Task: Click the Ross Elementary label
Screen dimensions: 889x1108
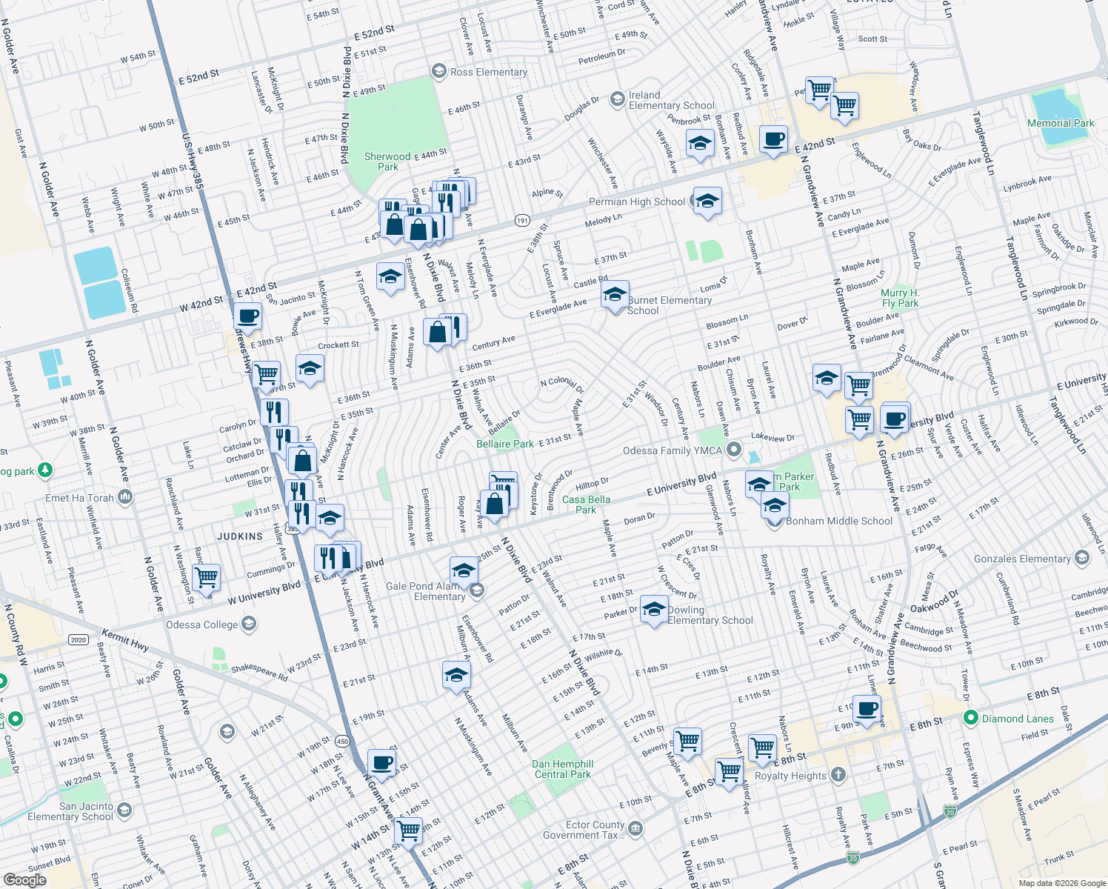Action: coord(488,72)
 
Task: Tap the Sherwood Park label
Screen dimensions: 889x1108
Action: coord(387,162)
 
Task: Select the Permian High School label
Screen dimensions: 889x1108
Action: coord(637,202)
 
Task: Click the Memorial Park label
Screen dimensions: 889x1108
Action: coord(1061,123)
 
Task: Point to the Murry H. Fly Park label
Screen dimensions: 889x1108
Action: coord(900,298)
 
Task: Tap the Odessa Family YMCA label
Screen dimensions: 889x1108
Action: coord(672,450)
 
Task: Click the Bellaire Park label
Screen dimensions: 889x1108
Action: coord(504,444)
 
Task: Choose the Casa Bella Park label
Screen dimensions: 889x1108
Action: coord(586,505)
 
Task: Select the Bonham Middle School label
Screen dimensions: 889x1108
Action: coord(839,521)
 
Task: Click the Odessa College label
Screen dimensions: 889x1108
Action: coord(202,625)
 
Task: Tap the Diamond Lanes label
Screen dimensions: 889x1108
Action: coord(1018,719)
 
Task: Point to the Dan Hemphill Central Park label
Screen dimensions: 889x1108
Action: coord(563,769)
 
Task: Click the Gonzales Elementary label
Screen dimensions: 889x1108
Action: coord(1022,559)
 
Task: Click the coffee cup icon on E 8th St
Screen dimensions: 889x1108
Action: coord(867,709)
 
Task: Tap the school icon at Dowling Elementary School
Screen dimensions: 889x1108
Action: coord(654,609)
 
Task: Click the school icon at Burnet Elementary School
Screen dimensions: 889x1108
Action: coord(615,296)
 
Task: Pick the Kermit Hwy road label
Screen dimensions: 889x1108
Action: coord(125,640)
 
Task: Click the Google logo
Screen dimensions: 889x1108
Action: coord(24,880)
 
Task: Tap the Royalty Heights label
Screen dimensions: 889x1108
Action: coord(790,776)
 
